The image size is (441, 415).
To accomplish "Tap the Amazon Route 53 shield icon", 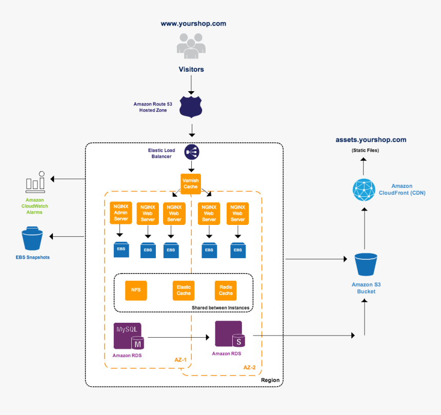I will pos(191,106).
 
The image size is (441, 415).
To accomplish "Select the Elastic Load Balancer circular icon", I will pos(191,152).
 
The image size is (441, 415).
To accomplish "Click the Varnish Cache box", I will pos(191,183).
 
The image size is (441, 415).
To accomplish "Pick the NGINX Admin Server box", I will pos(121,213).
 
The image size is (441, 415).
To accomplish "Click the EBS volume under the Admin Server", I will pos(121,250).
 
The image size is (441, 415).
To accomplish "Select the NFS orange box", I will pos(136,290).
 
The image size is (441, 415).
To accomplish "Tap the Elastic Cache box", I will pos(184,290).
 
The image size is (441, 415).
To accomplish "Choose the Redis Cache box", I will pos(226,290).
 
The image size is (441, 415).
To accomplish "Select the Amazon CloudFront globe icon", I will pos(364,190).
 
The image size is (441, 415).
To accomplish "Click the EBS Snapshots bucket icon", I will pos(33,239).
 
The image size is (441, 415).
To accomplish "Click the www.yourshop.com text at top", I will pos(193,24).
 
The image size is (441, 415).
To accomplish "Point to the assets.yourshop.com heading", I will pos(371,139).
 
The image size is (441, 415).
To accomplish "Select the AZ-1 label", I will pos(181,360).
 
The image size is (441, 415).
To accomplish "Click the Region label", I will pos(270,380).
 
